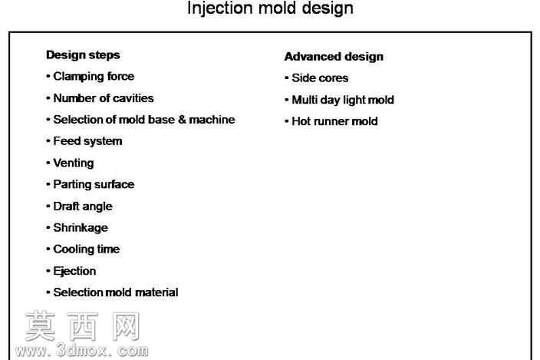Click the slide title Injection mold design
click(x=270, y=8)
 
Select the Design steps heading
click(x=83, y=55)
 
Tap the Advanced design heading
click(x=334, y=57)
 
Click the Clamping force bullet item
click(x=94, y=77)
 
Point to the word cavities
click(x=133, y=98)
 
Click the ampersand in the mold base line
click(x=183, y=120)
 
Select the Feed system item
click(x=87, y=141)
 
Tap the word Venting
click(x=74, y=163)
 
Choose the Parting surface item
click(x=94, y=185)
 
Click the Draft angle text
click(x=83, y=206)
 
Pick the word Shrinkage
click(x=81, y=228)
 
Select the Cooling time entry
click(x=87, y=249)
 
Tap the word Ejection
click(x=74, y=271)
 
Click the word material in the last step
click(x=156, y=292)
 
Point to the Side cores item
click(x=320, y=78)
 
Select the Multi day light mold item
click(x=343, y=100)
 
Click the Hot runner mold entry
click(x=334, y=121)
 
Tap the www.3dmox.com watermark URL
click(x=81, y=351)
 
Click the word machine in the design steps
click(x=212, y=120)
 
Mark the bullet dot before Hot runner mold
click(x=287, y=121)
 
